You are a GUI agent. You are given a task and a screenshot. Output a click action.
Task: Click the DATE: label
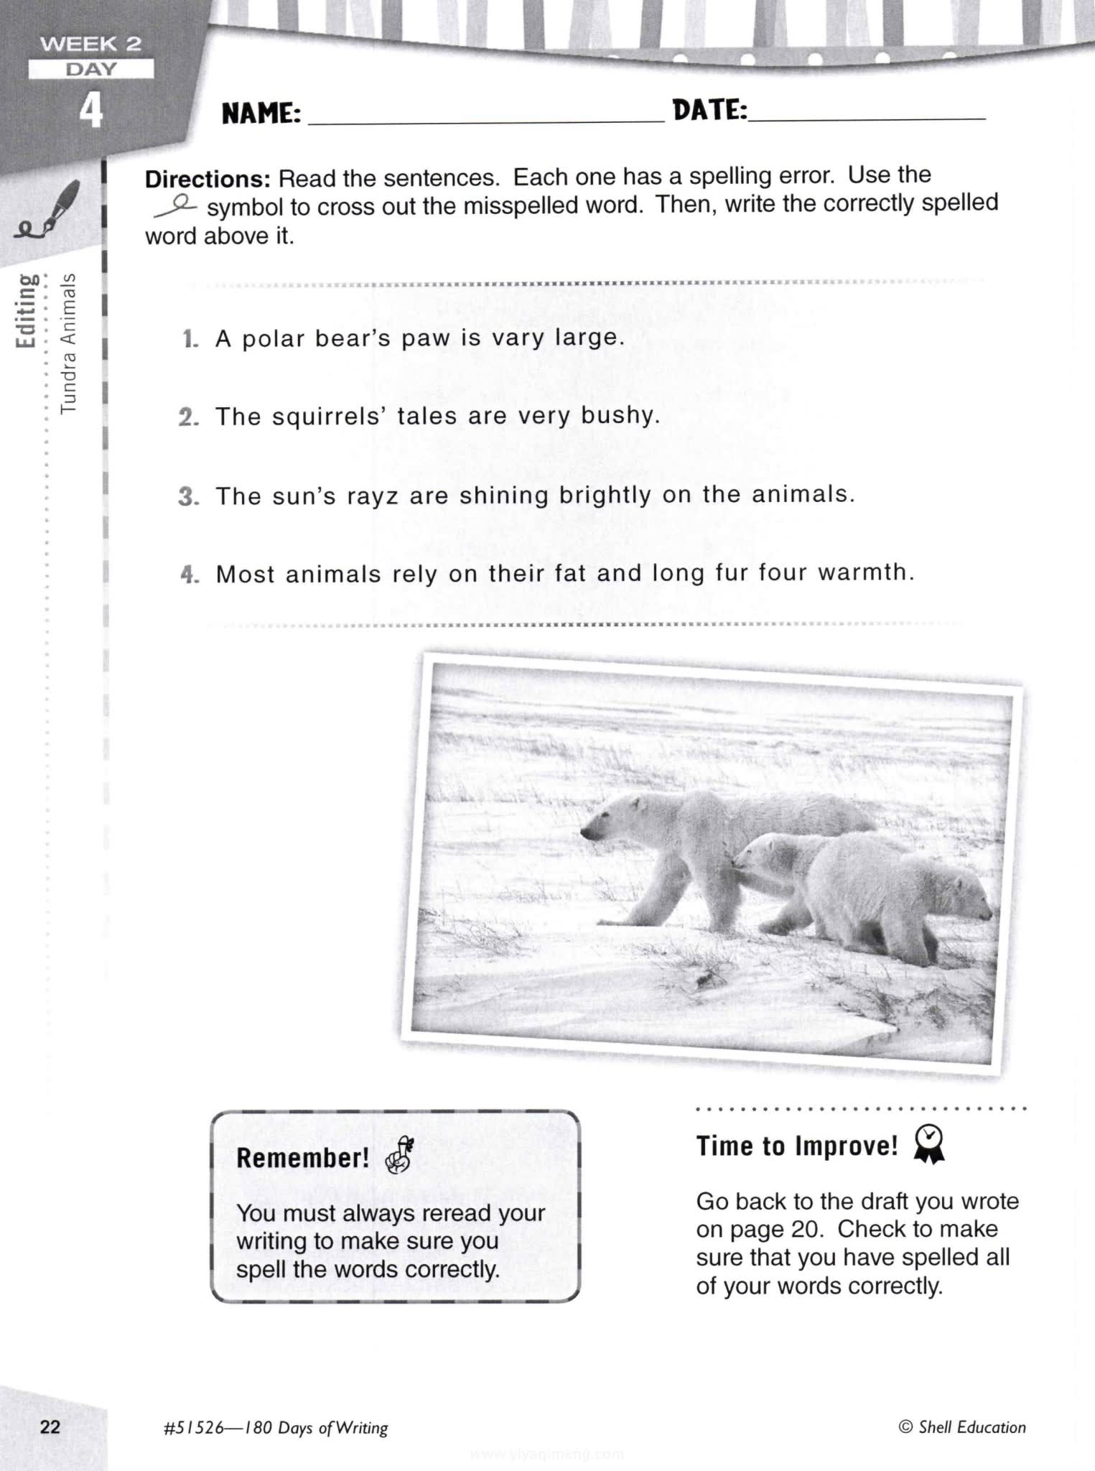coord(709,111)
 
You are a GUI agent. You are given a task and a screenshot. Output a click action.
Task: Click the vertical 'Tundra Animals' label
coord(68,343)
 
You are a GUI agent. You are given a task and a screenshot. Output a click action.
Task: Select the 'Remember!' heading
coord(302,1158)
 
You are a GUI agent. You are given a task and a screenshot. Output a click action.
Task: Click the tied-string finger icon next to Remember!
coord(401,1156)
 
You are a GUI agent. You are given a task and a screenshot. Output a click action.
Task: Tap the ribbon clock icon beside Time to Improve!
coord(929,1143)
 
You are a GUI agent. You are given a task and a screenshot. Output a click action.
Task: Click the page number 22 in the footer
coord(50,1426)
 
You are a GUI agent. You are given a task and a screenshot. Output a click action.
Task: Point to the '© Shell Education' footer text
coord(962,1427)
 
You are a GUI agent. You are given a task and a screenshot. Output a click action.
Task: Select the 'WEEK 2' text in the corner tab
coord(90,44)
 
